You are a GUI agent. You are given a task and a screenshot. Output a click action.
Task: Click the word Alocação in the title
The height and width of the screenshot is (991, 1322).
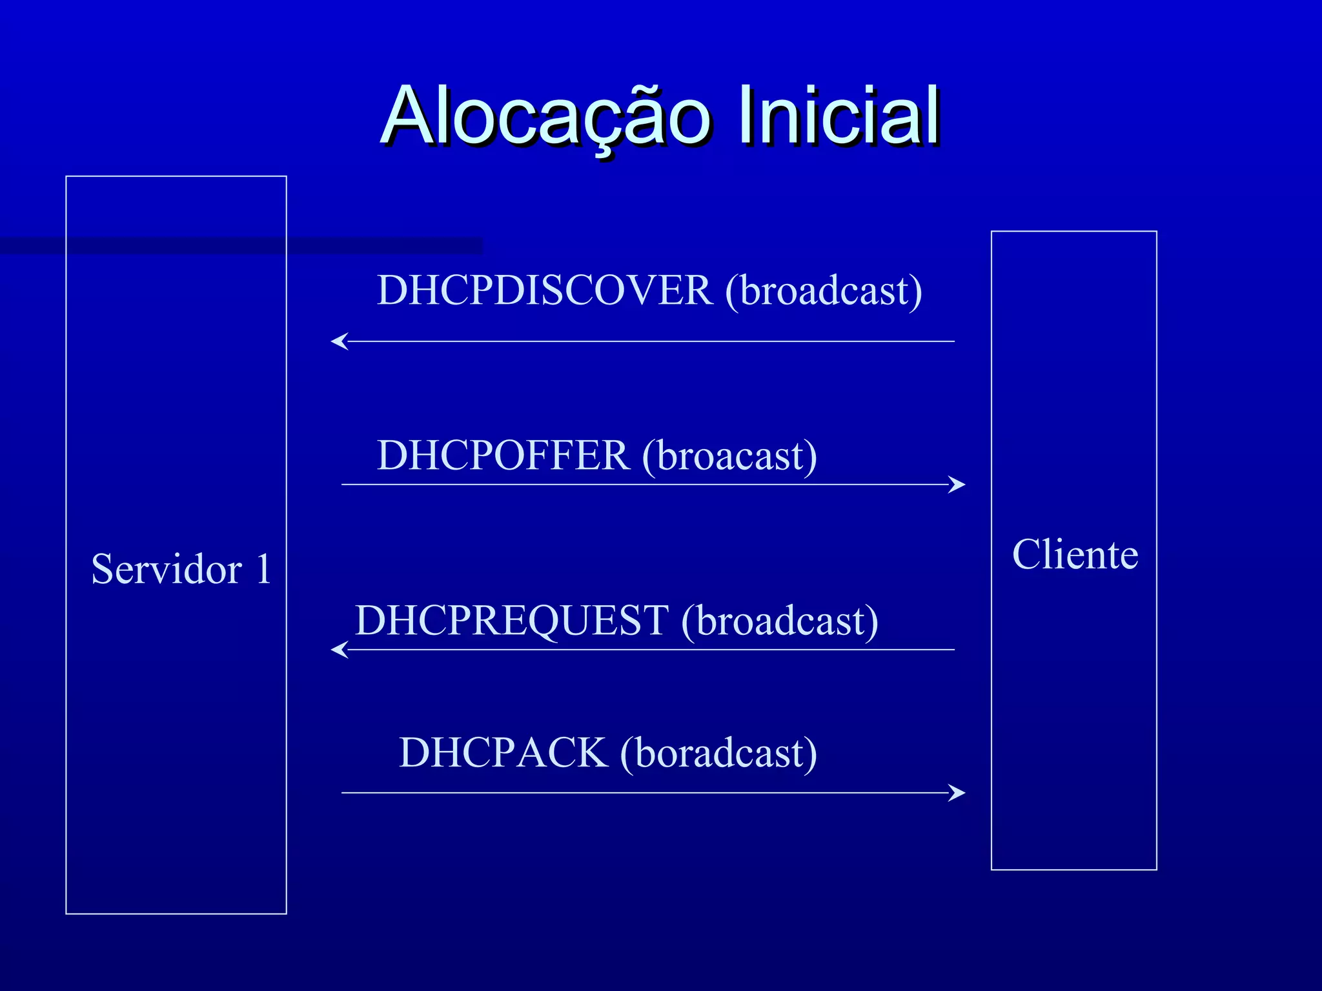(x=545, y=116)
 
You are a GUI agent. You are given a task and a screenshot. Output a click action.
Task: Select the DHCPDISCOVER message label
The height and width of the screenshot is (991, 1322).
(x=545, y=290)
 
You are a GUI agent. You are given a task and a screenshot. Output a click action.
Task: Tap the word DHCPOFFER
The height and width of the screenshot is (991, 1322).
(x=503, y=455)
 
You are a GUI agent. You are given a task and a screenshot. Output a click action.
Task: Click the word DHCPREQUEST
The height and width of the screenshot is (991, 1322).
(x=512, y=621)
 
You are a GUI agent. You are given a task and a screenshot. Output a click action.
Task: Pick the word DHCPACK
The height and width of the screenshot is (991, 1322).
(x=503, y=753)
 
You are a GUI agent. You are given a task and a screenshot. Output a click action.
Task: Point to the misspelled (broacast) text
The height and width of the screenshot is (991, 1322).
(x=729, y=456)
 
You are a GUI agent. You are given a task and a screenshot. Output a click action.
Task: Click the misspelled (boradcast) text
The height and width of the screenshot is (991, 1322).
(x=718, y=754)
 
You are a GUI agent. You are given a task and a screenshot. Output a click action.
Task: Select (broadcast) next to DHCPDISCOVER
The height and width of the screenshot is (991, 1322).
(x=824, y=291)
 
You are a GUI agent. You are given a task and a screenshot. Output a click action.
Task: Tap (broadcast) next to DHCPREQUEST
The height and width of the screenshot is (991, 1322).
(x=780, y=621)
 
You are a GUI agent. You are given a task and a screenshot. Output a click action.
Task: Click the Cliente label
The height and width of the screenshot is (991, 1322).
(x=1075, y=554)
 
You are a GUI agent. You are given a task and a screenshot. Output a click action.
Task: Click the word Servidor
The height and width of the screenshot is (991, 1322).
(x=167, y=569)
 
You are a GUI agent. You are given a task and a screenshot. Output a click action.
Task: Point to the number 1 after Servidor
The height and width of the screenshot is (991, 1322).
(x=263, y=569)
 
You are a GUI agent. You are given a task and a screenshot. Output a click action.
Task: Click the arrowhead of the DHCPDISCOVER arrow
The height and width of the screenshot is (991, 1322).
(x=338, y=341)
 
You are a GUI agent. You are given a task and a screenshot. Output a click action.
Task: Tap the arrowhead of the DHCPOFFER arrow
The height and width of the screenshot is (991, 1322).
(x=958, y=485)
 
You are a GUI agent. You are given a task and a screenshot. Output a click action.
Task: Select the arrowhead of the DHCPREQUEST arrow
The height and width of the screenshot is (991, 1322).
(x=338, y=650)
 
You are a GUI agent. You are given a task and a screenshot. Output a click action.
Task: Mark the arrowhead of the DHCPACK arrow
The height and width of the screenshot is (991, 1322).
(x=958, y=793)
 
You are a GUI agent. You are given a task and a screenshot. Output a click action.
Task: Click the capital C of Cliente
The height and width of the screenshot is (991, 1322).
(x=1028, y=554)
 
